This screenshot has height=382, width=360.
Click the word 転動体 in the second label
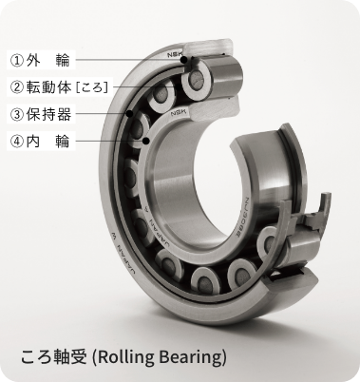click(55, 87)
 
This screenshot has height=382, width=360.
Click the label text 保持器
click(55, 115)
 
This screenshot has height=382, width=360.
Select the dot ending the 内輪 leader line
click(147, 143)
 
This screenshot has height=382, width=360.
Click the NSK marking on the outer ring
click(176, 53)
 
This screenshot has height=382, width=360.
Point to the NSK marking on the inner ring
click(178, 116)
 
